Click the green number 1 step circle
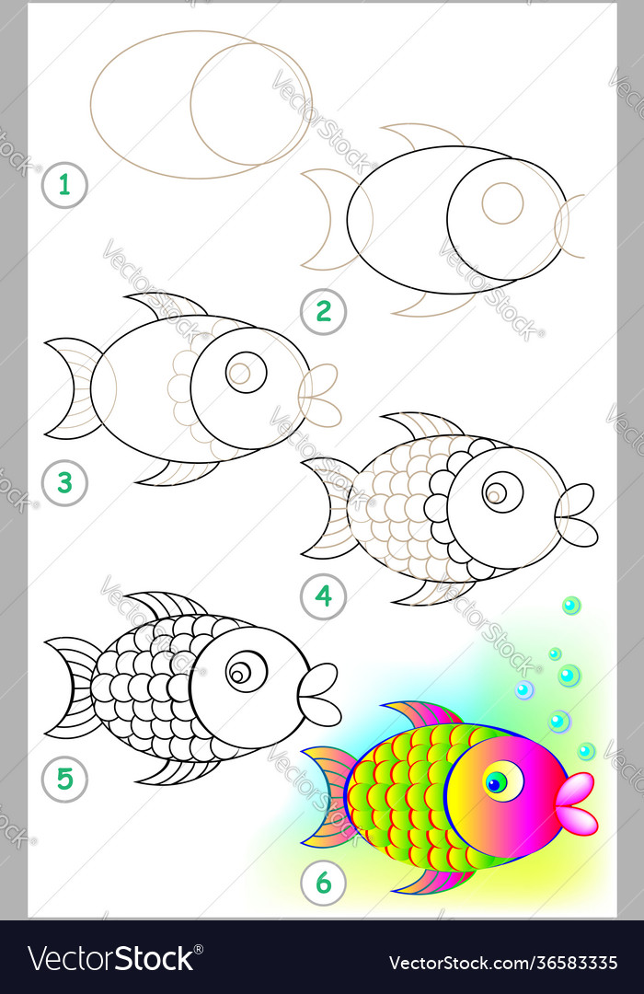point(64,185)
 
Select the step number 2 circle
point(323,311)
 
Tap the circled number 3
point(64,482)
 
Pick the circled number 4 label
point(323,596)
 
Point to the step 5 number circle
point(64,780)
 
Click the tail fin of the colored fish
point(326,796)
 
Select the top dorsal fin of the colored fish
point(421,713)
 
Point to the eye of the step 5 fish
point(245,672)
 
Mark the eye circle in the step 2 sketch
point(502,202)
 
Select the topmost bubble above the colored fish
point(571,605)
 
